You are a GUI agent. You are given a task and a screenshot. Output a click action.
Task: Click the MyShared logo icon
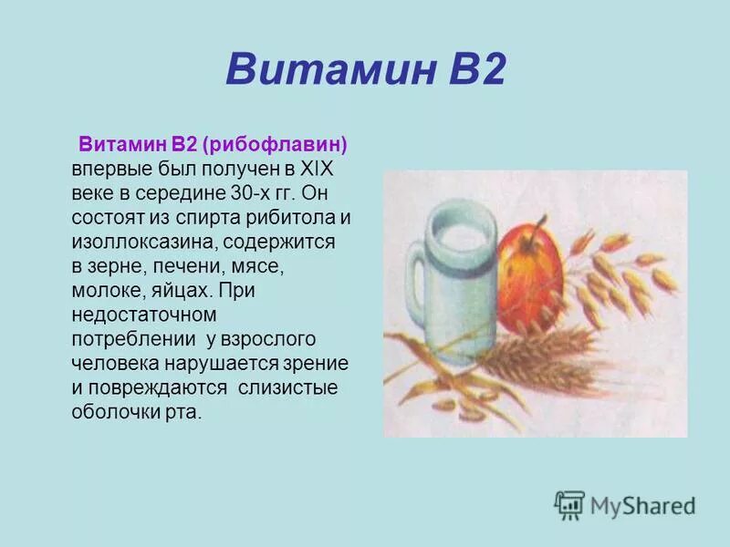coord(569,504)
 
